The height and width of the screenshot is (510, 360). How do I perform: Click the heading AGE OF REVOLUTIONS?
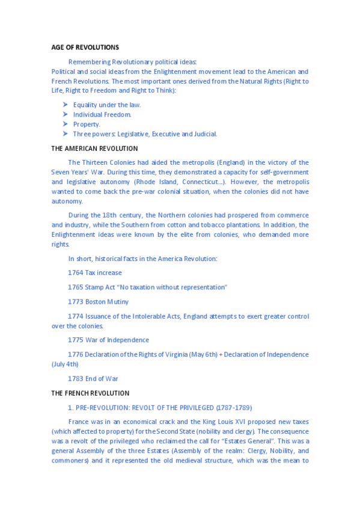point(85,48)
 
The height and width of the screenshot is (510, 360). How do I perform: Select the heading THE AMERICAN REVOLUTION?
point(94,149)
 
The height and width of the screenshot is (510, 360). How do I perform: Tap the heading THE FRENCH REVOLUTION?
point(90,393)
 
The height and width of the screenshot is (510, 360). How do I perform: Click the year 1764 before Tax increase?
point(76,272)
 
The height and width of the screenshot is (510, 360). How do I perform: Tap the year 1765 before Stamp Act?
point(76,287)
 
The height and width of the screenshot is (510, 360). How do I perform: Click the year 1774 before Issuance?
point(76,316)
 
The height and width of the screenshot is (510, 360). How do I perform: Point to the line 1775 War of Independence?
point(108,340)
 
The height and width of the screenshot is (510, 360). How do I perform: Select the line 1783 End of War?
point(93,378)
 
